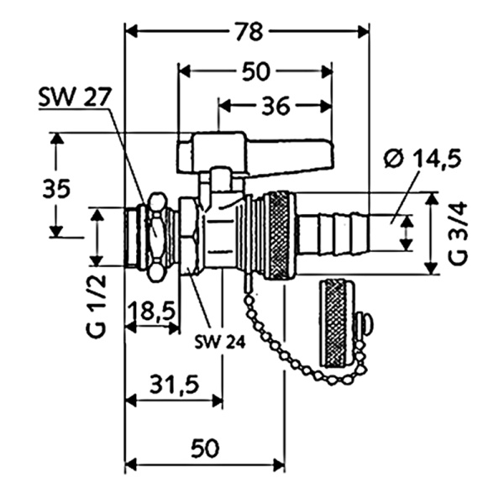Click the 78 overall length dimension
(246, 31)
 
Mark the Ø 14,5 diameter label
(426, 158)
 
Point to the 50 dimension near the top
(255, 71)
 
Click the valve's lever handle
(252, 152)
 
